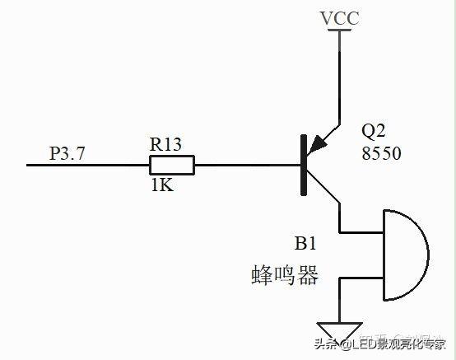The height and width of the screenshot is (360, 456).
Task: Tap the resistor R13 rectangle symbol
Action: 171,165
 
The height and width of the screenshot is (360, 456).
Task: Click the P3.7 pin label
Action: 67,152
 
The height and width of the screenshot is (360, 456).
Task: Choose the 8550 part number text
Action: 381,153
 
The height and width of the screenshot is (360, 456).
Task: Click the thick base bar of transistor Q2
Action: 305,166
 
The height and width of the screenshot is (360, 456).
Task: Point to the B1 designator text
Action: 306,244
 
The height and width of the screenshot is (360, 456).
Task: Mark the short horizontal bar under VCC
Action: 337,31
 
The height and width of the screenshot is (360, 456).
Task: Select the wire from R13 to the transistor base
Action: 247,165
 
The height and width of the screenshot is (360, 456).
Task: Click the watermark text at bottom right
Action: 381,344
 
